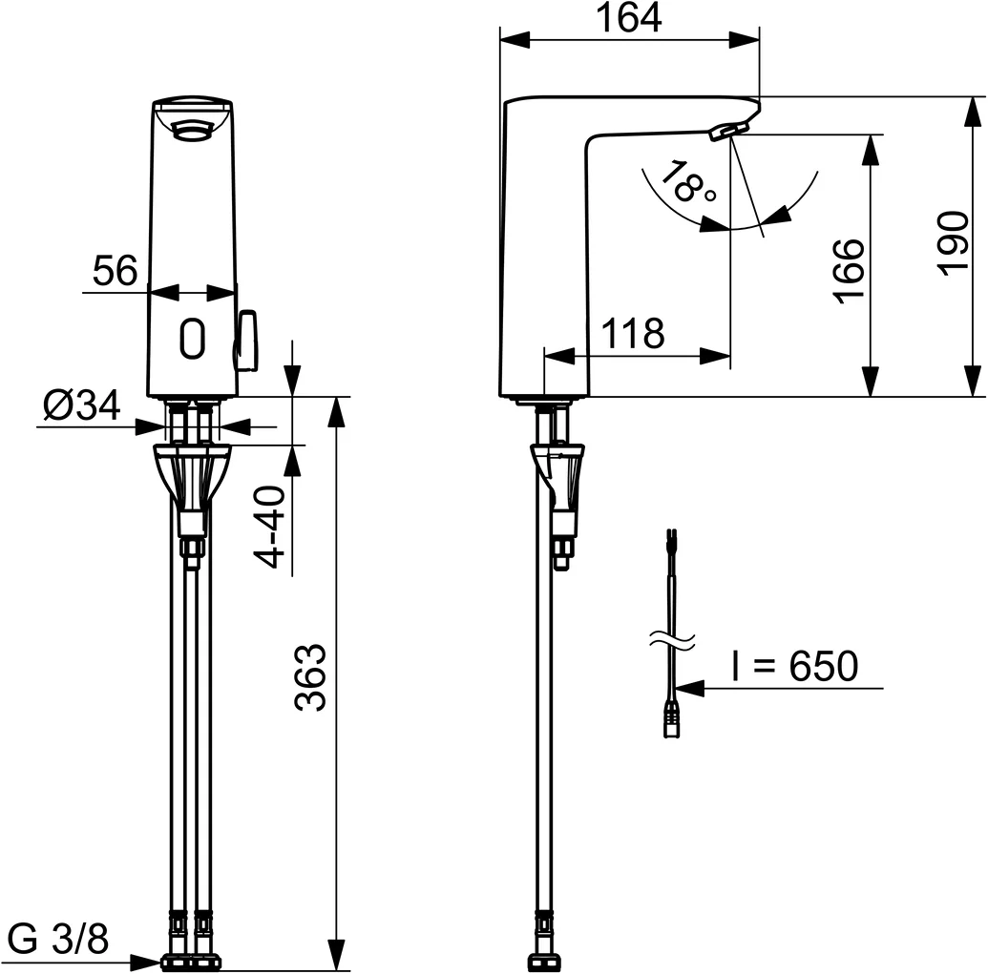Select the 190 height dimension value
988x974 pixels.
(953, 244)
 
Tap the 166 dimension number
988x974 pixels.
(848, 270)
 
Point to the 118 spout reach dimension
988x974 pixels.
(632, 334)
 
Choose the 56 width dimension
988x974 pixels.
(116, 272)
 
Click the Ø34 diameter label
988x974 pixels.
(82, 406)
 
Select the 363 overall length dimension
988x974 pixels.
(311, 677)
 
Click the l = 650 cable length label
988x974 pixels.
(794, 666)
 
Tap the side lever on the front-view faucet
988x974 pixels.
(247, 340)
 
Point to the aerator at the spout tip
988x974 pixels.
(728, 131)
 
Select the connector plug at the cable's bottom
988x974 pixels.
(672, 721)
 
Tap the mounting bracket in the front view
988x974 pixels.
(192, 471)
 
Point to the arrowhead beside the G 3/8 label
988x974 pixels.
(149, 962)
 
